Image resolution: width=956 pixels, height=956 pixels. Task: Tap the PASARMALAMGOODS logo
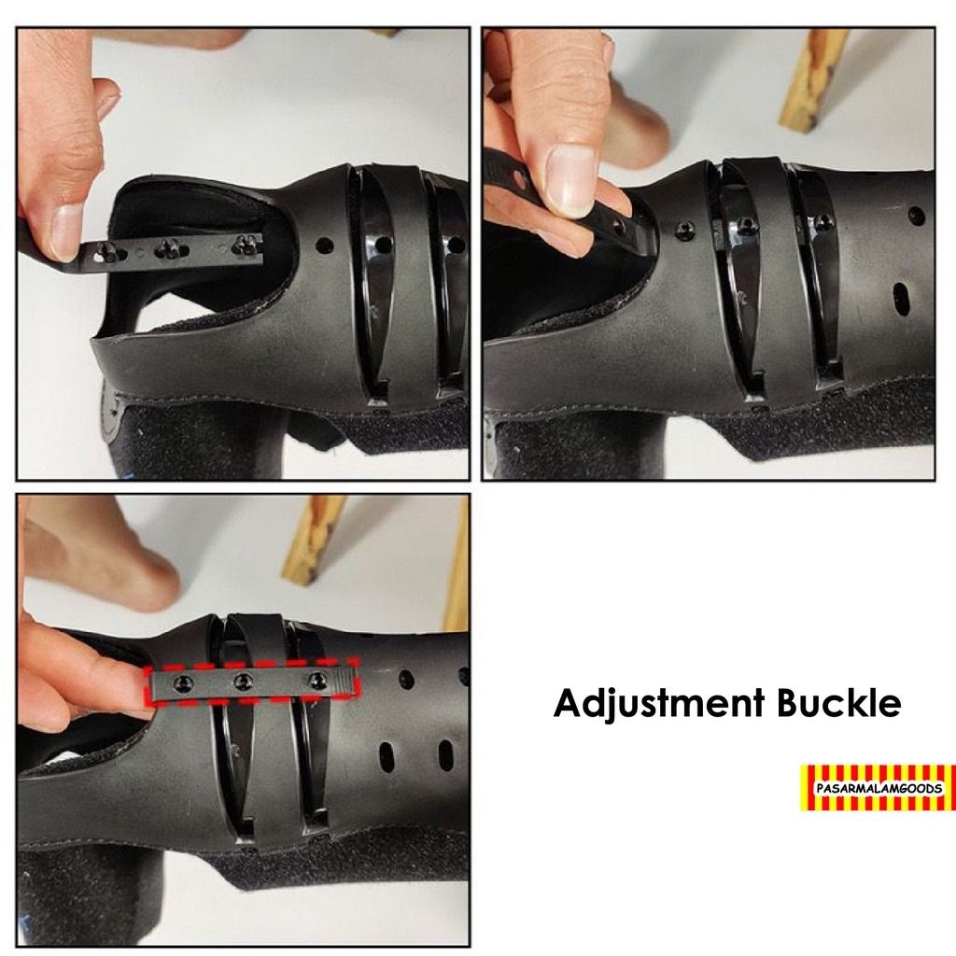[x=877, y=787]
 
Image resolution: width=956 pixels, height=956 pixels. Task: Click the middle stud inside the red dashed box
[x=244, y=680]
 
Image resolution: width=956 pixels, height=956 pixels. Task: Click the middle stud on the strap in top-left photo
[x=169, y=247]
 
